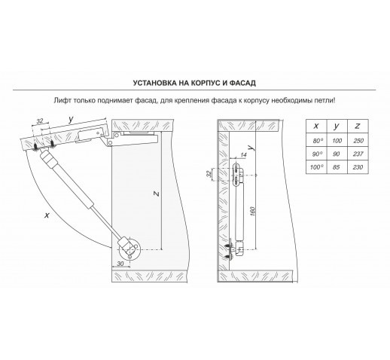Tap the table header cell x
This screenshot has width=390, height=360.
[x=316, y=126]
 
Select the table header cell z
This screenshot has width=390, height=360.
[x=358, y=126]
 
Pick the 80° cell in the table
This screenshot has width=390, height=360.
[x=316, y=141]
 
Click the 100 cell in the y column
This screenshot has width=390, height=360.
[x=337, y=141]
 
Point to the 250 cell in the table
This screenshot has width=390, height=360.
[x=358, y=141]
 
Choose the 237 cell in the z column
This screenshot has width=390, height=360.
[x=358, y=154]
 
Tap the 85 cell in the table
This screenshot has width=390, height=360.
[x=337, y=167]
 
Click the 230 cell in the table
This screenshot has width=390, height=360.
[x=358, y=167]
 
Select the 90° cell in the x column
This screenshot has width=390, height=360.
[x=316, y=154]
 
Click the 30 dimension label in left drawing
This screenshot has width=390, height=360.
[x=120, y=264]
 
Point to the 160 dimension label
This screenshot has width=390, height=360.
[x=252, y=211]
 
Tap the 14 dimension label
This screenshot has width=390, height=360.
[x=243, y=155]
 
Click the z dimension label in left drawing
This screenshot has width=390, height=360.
[x=156, y=194]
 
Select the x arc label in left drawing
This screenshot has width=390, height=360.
[x=47, y=215]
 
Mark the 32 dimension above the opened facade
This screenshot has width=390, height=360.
[x=40, y=121]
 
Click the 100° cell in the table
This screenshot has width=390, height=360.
[x=316, y=167]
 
